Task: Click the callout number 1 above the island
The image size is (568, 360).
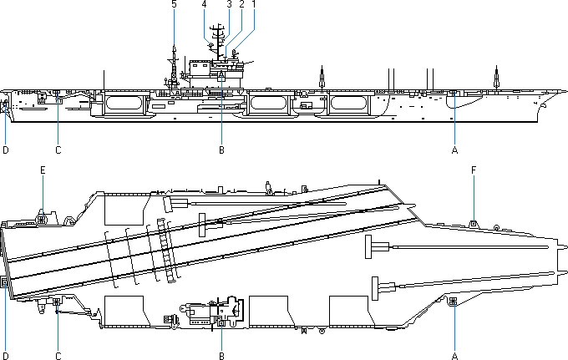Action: [253, 5]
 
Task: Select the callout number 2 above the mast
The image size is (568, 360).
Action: [241, 5]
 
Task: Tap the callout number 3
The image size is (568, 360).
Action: [229, 5]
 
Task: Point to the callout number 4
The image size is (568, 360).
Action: [204, 5]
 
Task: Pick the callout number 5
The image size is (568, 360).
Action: [174, 5]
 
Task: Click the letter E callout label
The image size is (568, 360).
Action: [43, 170]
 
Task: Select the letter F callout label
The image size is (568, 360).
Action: [474, 170]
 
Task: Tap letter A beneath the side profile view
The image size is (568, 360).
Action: [454, 150]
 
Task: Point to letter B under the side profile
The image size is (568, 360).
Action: [221, 150]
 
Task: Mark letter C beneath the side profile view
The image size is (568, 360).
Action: [58, 150]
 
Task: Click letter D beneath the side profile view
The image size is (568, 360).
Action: [6, 150]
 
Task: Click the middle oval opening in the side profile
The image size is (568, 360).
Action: [270, 104]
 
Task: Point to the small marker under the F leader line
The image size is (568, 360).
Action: [474, 222]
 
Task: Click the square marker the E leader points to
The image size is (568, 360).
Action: [42, 220]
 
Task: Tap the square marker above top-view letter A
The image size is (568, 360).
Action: [454, 300]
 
